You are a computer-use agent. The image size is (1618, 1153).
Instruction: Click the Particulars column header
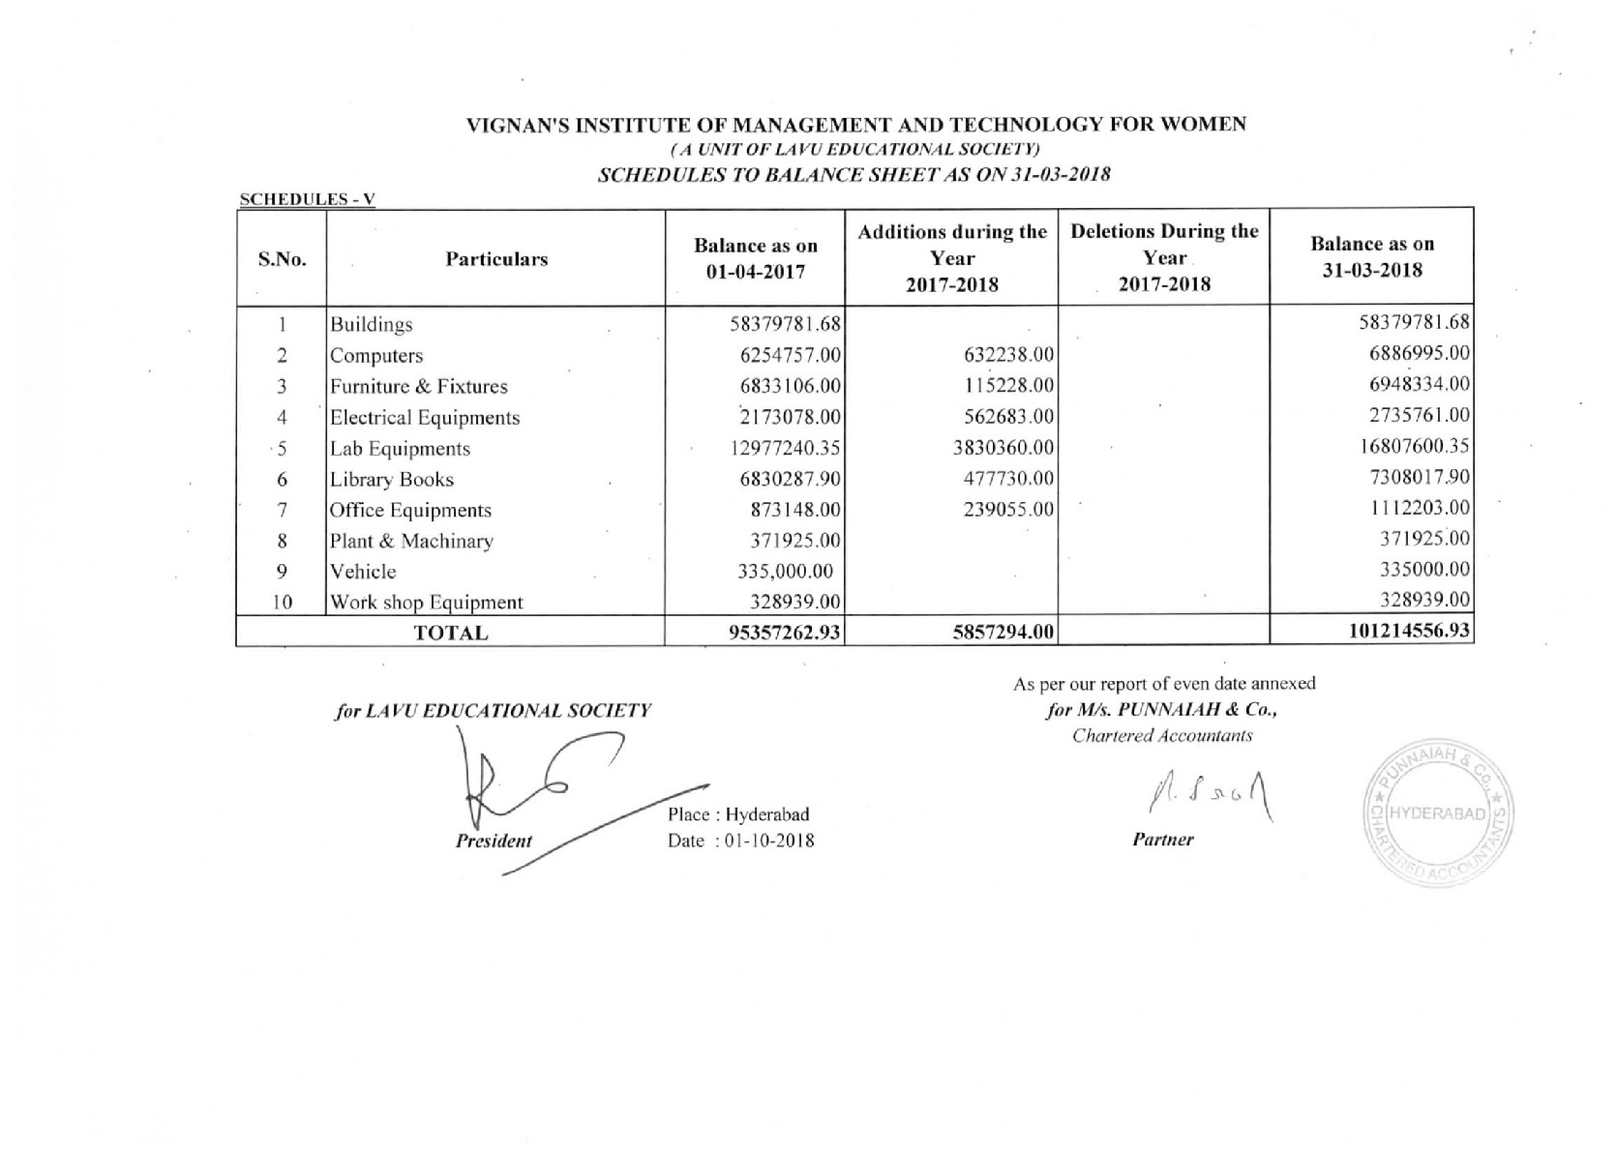pyautogui.click(x=496, y=259)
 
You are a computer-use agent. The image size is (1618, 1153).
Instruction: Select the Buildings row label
pyautogui.click(x=372, y=324)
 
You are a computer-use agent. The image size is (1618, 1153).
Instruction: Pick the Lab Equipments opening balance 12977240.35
pyautogui.click(x=784, y=448)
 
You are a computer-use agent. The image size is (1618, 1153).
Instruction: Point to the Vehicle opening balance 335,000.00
pyautogui.click(x=785, y=572)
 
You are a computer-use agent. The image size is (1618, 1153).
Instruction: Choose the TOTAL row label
pyautogui.click(x=451, y=634)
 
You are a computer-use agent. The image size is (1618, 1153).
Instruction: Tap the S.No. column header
pyautogui.click(x=282, y=259)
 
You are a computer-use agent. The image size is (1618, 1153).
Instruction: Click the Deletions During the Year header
pyautogui.click(x=1164, y=257)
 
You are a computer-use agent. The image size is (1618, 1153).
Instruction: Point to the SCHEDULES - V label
pyautogui.click(x=307, y=199)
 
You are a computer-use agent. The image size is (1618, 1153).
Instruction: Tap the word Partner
pyautogui.click(x=1162, y=840)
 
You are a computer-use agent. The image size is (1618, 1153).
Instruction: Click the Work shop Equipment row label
pyautogui.click(x=427, y=603)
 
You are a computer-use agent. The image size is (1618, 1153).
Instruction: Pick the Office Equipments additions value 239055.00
pyautogui.click(x=1008, y=510)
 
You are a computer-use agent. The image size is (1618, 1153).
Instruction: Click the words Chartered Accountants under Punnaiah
pyautogui.click(x=1162, y=736)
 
